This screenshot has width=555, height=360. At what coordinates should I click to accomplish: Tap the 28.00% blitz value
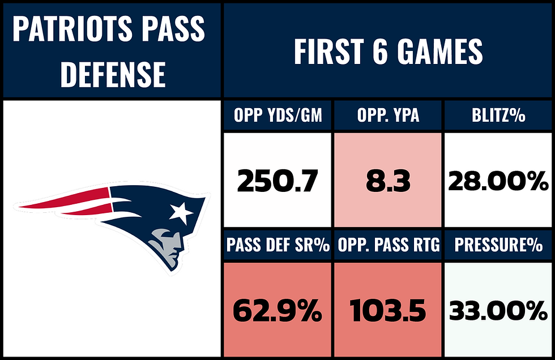498,182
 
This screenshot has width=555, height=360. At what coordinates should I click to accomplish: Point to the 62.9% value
277,311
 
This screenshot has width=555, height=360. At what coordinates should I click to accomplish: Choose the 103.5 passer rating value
388,311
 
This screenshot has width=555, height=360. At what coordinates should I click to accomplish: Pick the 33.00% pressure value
498,311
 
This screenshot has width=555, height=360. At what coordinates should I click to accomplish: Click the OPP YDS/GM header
277,117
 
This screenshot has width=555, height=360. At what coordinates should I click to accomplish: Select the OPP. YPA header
388,117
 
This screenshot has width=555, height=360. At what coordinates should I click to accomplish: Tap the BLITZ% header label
498,117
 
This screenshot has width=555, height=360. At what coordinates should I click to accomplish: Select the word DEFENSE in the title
113,75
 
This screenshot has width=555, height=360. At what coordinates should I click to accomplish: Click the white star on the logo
181,212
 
